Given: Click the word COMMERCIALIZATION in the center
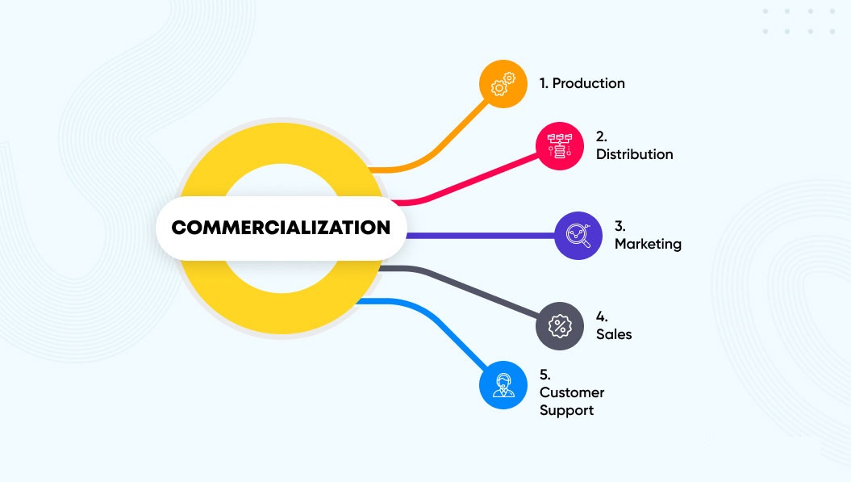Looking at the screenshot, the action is click(281, 227).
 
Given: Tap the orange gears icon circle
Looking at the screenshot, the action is click(503, 84).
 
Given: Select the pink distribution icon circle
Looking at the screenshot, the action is click(560, 145).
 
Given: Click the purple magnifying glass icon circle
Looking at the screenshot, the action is click(578, 235).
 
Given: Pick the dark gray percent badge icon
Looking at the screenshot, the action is click(560, 326).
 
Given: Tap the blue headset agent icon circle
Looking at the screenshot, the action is click(503, 385).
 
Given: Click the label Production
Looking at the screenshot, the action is click(588, 83).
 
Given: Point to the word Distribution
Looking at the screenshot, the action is click(635, 154).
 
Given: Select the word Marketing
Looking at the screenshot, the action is click(648, 244).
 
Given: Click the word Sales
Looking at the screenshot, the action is click(614, 334).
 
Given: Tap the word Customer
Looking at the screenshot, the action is click(572, 392).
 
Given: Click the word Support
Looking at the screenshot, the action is click(566, 410).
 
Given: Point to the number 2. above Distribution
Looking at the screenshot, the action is click(601, 136).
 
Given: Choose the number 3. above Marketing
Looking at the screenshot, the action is click(619, 226).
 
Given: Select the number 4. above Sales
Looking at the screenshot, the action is click(601, 316).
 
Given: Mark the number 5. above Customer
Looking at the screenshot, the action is click(545, 375).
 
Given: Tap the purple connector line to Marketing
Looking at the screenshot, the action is click(480, 236).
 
